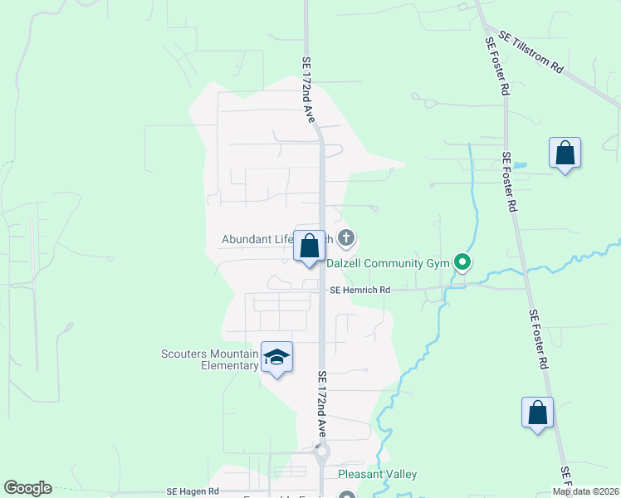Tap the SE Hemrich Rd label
(x=359, y=290)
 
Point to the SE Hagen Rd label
(x=192, y=491)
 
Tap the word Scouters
(x=192, y=354)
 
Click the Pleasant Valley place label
(x=377, y=474)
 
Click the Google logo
(x=27, y=488)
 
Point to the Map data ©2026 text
(x=584, y=491)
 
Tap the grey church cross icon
(x=346, y=239)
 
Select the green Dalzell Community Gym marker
(x=462, y=264)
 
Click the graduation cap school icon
(x=276, y=357)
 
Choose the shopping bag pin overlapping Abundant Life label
(x=310, y=247)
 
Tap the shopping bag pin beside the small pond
(x=565, y=154)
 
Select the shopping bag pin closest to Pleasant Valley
(x=537, y=413)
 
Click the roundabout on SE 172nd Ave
(x=321, y=453)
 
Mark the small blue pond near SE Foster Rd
(x=521, y=165)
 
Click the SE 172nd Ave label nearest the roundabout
(x=323, y=404)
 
